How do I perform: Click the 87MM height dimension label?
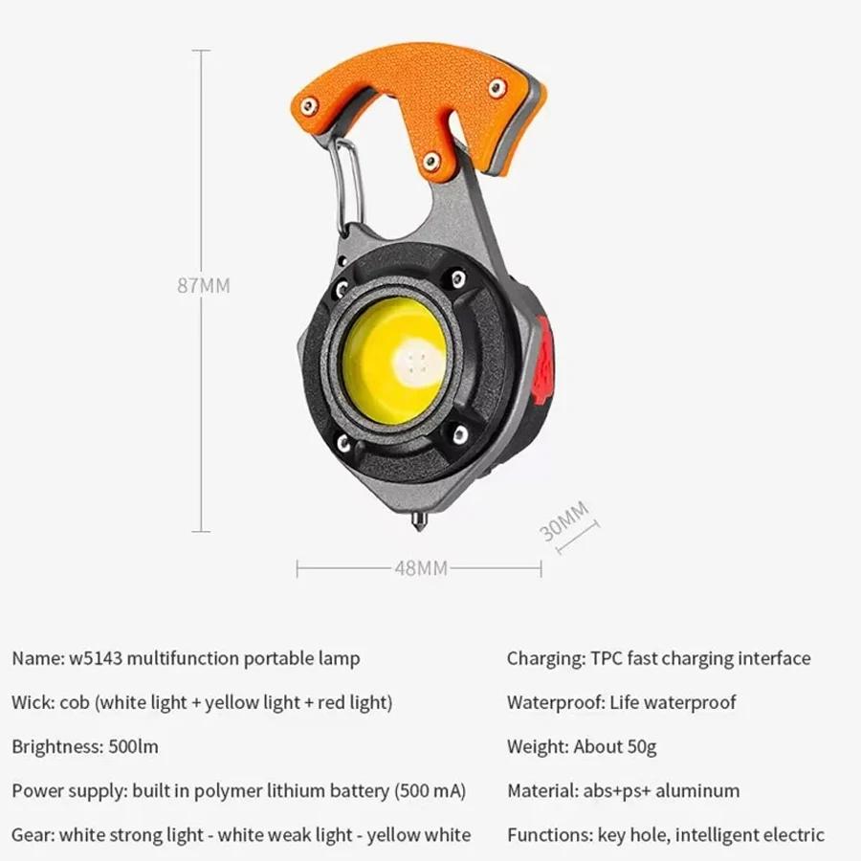(203, 285)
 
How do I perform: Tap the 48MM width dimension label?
(421, 568)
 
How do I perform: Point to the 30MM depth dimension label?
(563, 520)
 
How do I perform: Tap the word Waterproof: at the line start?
(556, 702)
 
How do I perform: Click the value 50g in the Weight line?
(639, 746)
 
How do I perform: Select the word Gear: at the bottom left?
(33, 834)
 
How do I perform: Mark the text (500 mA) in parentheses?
(430, 790)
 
